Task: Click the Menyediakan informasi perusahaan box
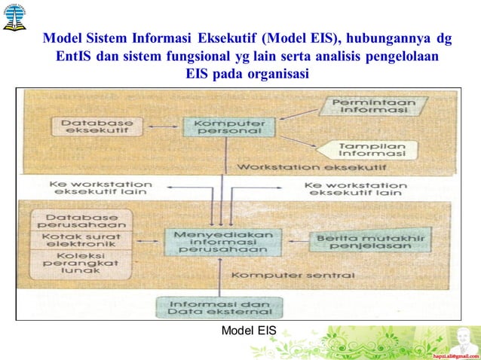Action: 220,241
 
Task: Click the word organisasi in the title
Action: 272,74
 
